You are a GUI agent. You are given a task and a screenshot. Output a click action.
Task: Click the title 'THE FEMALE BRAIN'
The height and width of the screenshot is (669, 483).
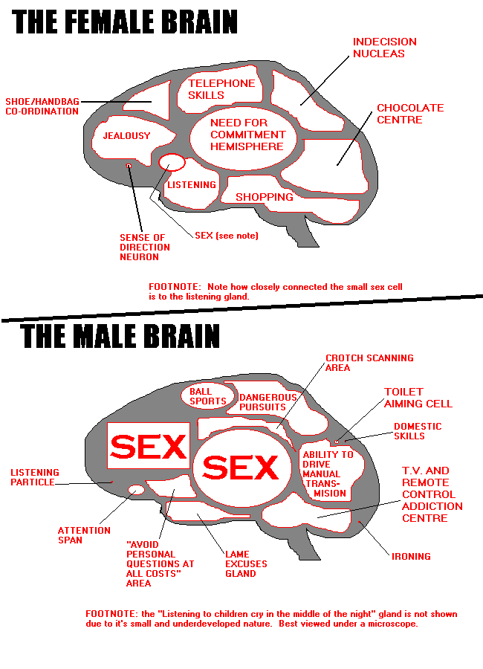tap(126, 22)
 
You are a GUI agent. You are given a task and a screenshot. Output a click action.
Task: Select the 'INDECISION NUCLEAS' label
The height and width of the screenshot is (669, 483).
tap(384, 48)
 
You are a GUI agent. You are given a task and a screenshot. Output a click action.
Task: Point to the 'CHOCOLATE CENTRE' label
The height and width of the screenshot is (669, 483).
tap(409, 114)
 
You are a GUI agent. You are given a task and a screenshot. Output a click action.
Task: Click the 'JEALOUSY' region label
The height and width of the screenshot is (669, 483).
tap(126, 136)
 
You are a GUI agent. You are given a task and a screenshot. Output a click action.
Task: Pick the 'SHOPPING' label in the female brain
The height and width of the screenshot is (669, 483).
tap(265, 197)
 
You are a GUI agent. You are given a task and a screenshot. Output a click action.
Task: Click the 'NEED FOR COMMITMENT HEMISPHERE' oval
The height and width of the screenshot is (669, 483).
tap(247, 135)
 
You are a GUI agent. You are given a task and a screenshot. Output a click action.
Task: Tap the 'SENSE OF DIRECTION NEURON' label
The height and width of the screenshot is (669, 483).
tap(144, 248)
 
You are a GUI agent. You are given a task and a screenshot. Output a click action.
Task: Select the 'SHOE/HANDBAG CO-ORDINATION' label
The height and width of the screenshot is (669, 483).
tap(42, 106)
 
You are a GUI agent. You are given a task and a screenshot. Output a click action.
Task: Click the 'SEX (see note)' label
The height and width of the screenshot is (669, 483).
tap(226, 235)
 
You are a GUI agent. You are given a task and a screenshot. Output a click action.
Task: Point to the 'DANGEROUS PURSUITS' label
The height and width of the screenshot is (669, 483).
tap(268, 402)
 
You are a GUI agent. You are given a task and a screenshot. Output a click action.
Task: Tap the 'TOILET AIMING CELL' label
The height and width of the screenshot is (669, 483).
tap(418, 398)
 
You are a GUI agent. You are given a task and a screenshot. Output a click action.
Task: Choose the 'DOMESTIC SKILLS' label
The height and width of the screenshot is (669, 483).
tap(417, 431)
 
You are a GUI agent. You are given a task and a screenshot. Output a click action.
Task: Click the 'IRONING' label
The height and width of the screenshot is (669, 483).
tap(411, 556)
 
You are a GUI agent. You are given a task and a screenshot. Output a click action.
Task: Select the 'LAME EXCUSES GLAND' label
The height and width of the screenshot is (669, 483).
tap(246, 563)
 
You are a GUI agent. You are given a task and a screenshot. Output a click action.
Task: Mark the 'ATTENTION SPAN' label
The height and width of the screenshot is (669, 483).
tap(84, 535)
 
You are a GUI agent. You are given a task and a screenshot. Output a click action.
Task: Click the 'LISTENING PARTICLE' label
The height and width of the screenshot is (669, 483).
tap(35, 477)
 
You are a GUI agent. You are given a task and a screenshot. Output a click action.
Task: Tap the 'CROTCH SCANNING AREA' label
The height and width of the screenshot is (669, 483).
tap(369, 363)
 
